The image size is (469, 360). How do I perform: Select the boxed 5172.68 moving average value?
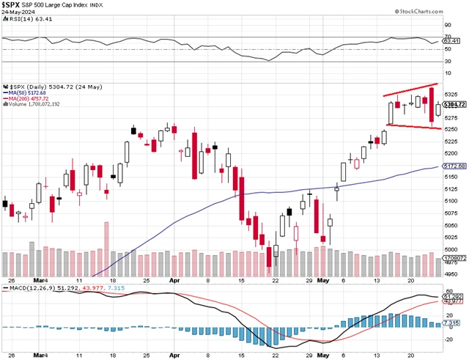pos(454,166)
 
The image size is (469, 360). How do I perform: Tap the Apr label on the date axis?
pos(174,280)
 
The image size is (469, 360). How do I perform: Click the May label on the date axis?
pos(324,280)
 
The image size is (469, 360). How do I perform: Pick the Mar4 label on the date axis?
pos(40,280)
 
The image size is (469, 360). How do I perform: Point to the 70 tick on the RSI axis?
pos(447,36)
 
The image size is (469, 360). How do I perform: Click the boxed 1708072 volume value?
pos(454,258)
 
